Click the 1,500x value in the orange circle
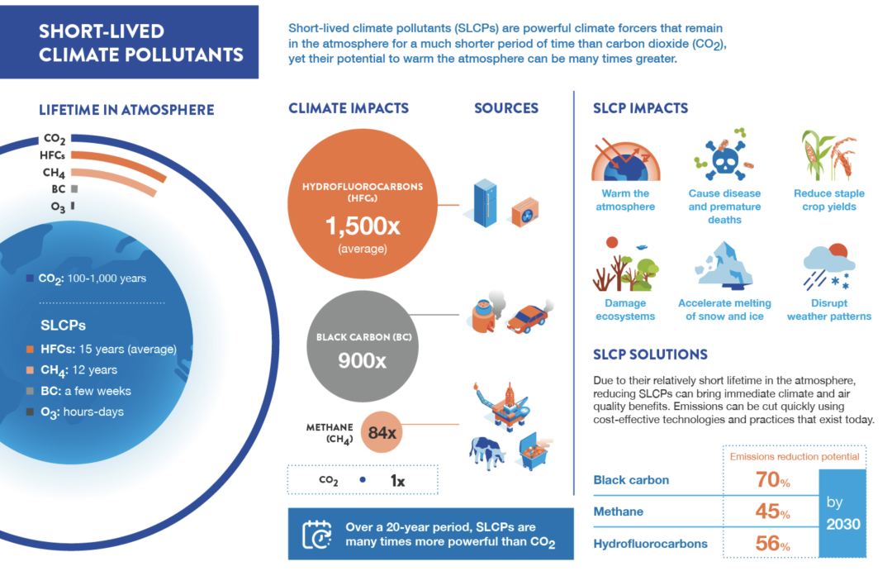[x=363, y=226]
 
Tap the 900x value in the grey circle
[x=362, y=360]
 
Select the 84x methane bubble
[x=382, y=432]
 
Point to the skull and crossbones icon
[x=724, y=155]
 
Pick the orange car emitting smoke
[x=529, y=316]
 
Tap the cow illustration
[x=486, y=453]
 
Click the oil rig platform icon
[x=504, y=404]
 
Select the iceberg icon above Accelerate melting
[x=724, y=264]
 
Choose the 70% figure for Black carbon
[x=772, y=480]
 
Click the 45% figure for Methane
[x=772, y=512]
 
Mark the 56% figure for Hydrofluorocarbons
[x=772, y=544]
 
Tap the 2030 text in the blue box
[x=843, y=524]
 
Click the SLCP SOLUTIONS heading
[x=650, y=354]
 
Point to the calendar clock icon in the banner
[x=317, y=534]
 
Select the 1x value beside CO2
[x=397, y=481]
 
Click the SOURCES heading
[x=506, y=108]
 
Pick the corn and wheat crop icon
[x=828, y=155]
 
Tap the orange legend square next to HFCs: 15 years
[x=30, y=349]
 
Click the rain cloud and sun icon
[x=829, y=266]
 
